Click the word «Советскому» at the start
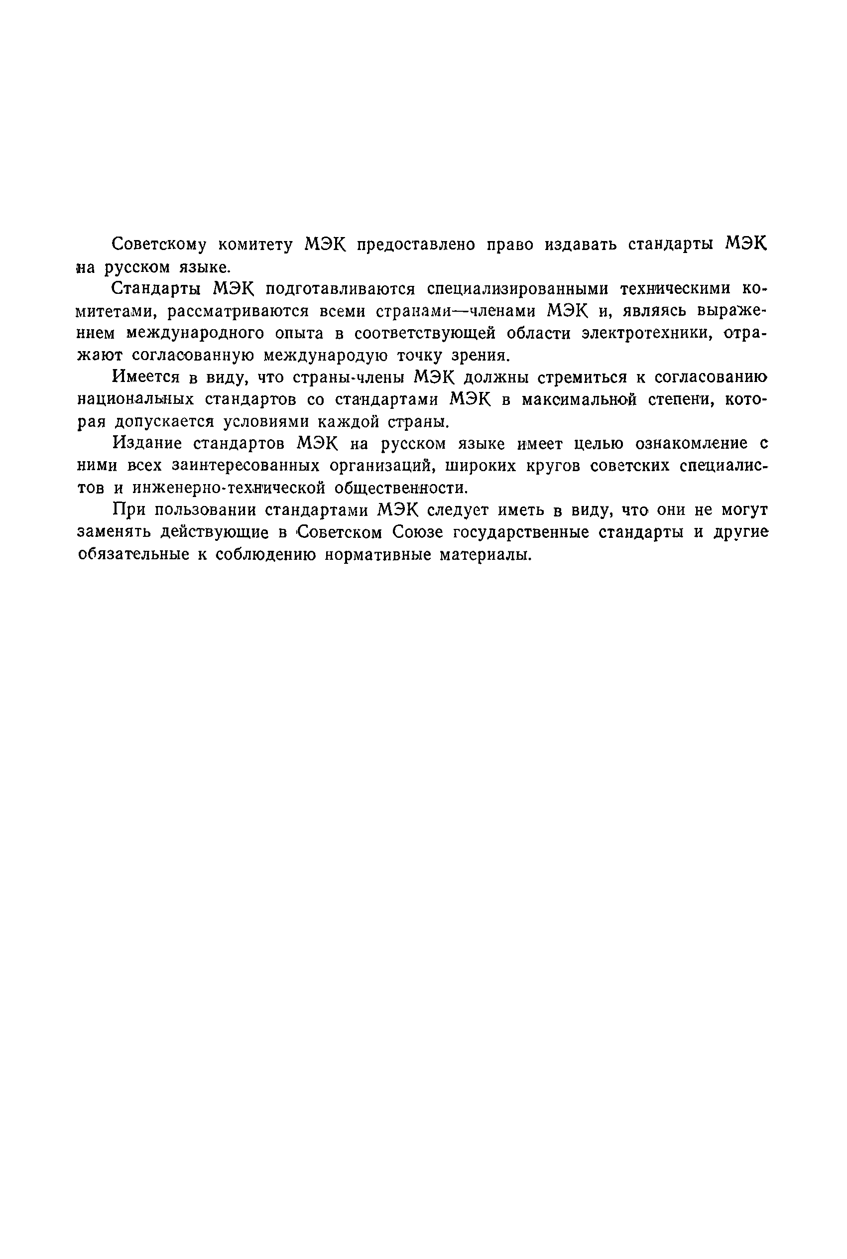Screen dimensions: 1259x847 click(159, 245)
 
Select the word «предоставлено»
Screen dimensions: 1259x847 click(416, 245)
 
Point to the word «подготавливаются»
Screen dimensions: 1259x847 click(340, 289)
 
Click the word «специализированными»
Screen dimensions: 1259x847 click(517, 289)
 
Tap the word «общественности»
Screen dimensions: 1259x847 click(401, 488)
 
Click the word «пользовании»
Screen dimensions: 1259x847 click(205, 510)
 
